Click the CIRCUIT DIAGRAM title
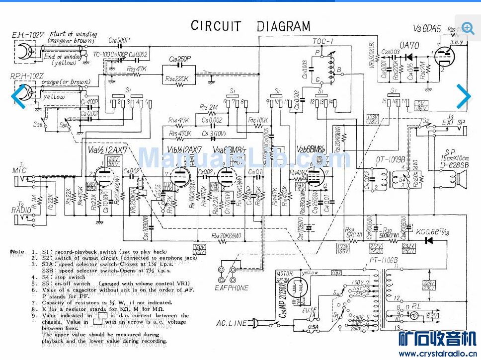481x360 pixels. point(250,26)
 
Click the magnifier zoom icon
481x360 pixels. point(468,28)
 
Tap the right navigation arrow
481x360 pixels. point(463,96)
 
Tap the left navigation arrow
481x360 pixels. point(19,96)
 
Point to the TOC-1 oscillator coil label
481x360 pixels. point(323,41)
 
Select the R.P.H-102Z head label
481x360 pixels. point(25,75)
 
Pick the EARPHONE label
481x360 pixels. point(231,288)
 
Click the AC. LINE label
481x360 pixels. point(231,323)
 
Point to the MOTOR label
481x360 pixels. point(286,274)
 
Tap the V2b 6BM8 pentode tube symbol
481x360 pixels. point(314,176)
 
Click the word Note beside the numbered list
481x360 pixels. point(17,252)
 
